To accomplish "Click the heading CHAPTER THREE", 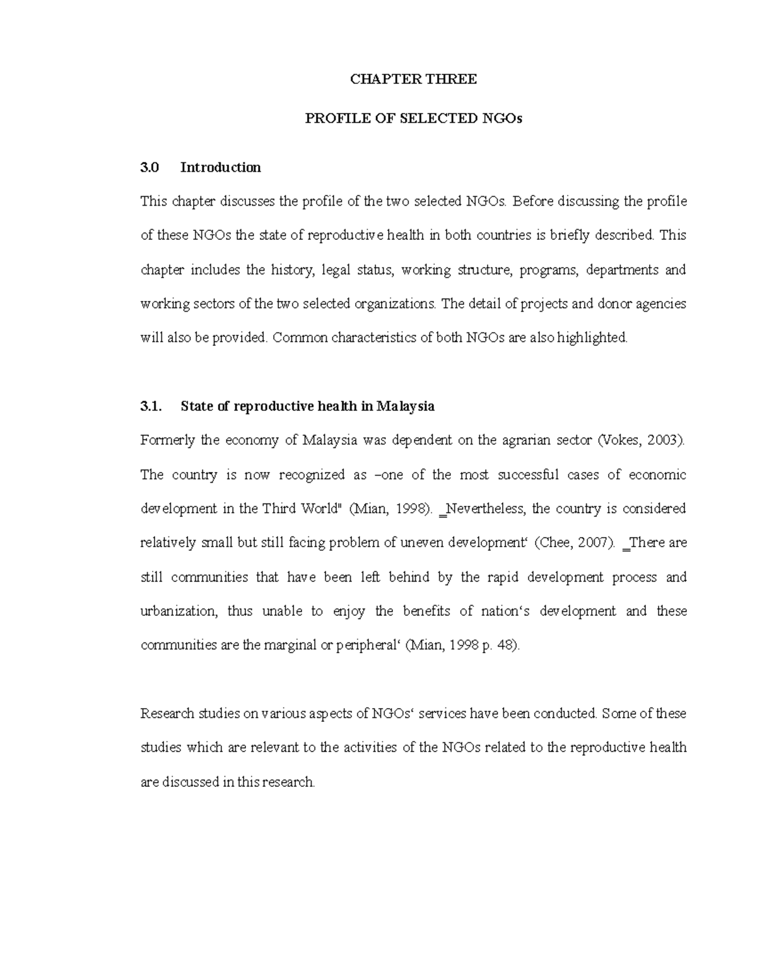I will [x=413, y=79].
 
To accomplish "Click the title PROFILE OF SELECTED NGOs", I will [x=414, y=119].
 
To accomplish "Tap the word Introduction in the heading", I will [x=220, y=167].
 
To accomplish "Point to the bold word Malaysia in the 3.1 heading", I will [x=405, y=406].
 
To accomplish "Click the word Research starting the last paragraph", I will [x=167, y=714].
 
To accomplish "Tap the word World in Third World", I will [x=319, y=509].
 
